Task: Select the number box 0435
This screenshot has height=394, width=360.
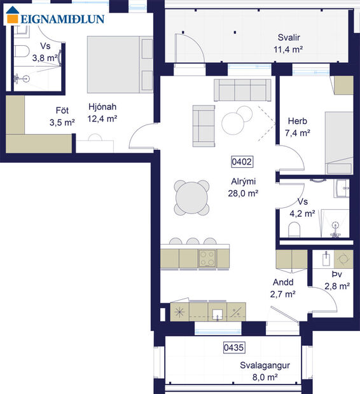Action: point(234,348)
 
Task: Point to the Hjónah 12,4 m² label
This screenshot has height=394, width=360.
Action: point(102,112)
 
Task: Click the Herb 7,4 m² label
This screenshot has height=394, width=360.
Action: point(298,127)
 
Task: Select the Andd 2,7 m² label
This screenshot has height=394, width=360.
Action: point(284,288)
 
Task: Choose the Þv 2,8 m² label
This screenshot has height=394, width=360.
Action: point(337,280)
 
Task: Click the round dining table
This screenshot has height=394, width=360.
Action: point(192,198)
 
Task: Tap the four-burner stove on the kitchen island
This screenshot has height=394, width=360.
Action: point(207,257)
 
